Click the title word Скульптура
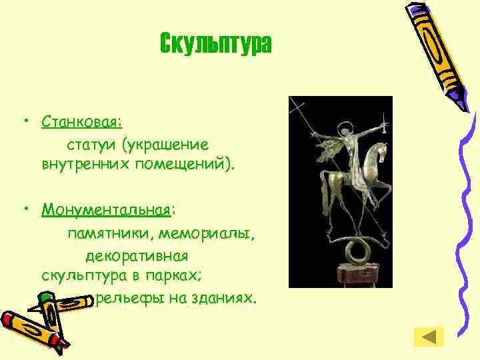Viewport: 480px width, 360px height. click(x=216, y=44)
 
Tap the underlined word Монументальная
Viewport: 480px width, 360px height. click(x=106, y=211)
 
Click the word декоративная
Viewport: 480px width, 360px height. click(x=137, y=255)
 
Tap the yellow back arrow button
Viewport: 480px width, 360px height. click(x=429, y=337)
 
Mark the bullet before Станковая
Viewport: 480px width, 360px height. click(x=24, y=122)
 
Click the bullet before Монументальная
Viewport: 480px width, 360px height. click(x=24, y=211)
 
